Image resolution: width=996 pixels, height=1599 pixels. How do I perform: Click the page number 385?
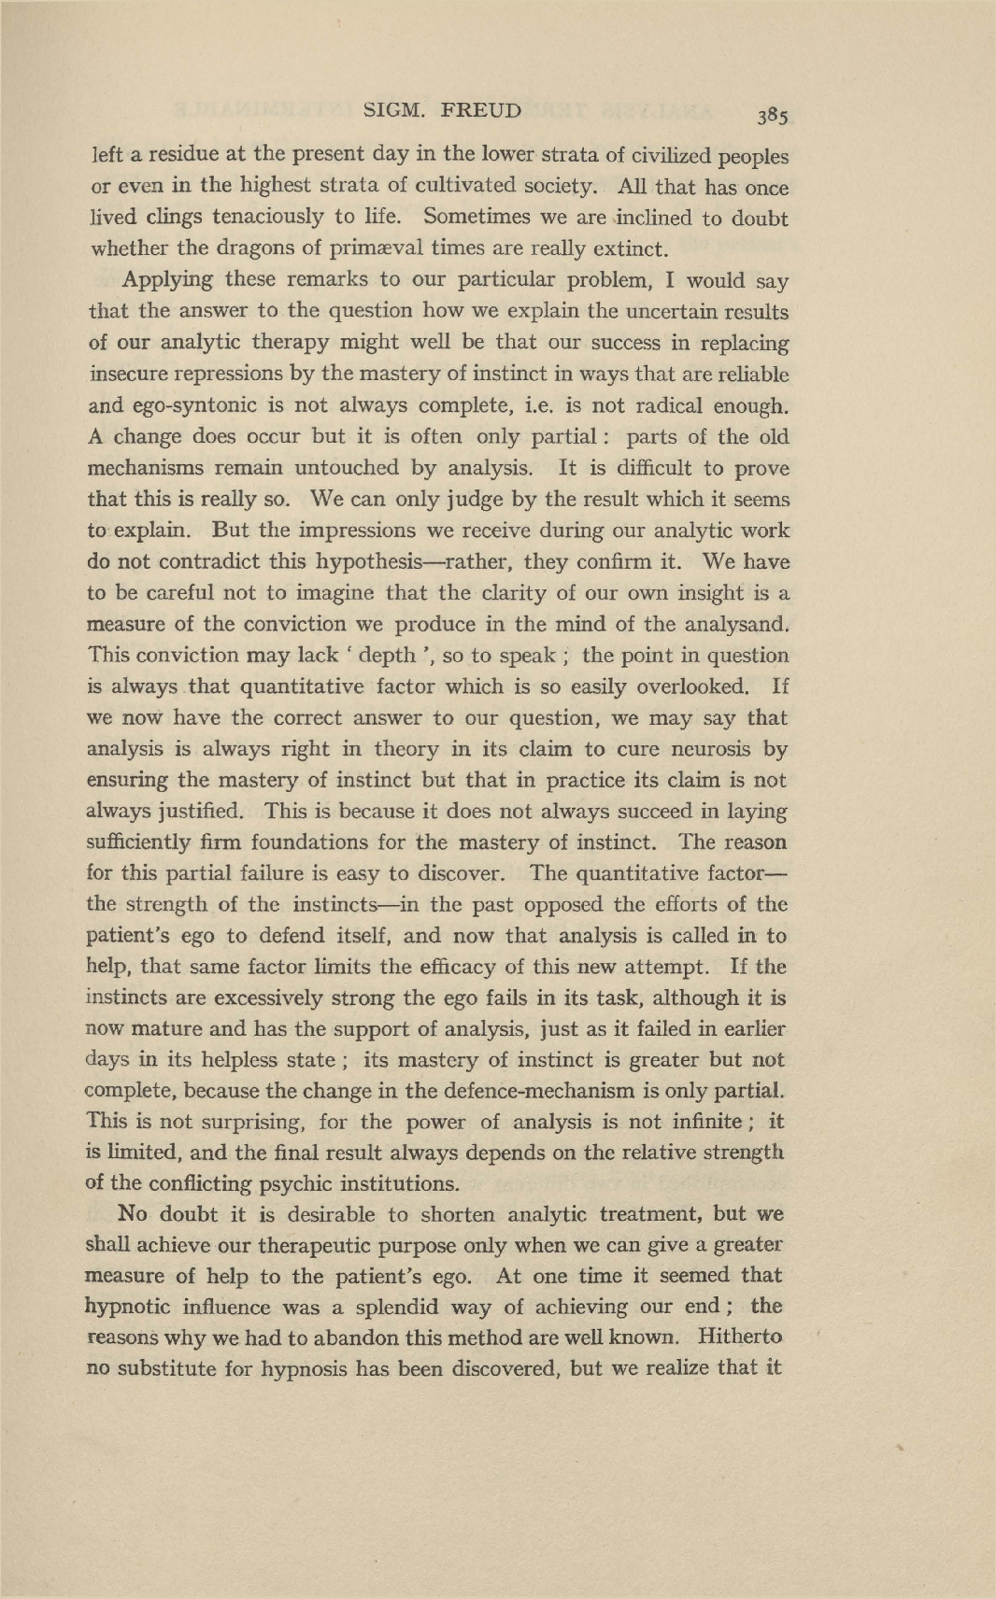click(x=775, y=116)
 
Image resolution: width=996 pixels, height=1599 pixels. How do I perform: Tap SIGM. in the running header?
click(x=394, y=110)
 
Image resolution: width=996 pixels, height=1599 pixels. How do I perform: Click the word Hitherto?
click(x=740, y=1337)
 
